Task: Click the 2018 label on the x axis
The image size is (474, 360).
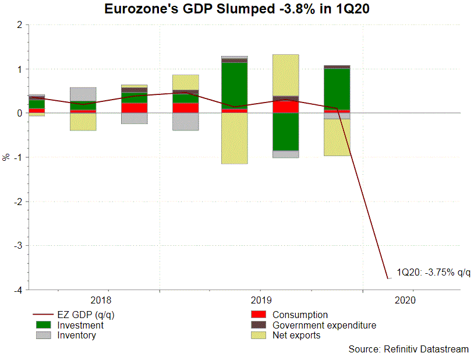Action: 102,301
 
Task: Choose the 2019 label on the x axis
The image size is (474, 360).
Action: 260,301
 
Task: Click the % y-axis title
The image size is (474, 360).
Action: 6,157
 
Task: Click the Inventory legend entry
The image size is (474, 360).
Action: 76,335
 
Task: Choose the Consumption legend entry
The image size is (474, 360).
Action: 300,315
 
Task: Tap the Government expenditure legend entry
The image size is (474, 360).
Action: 324,325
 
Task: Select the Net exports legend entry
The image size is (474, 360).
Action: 296,335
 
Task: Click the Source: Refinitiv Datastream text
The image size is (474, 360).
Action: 408,349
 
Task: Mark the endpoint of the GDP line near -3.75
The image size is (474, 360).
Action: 388,278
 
